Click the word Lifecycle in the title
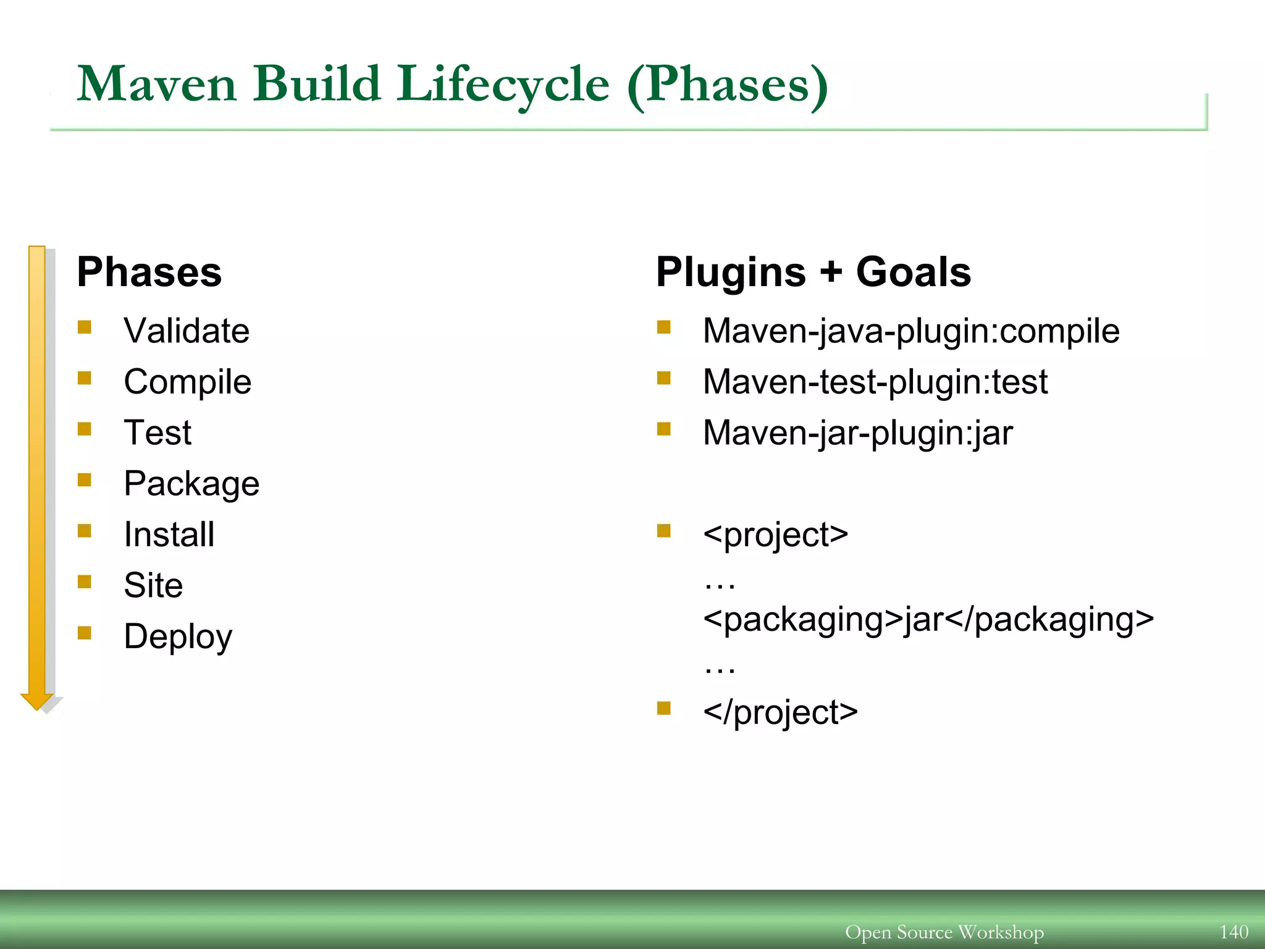pos(503,85)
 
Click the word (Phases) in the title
pos(727,85)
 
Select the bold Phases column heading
pos(149,272)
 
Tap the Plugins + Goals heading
pos(813,272)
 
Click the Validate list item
pos(187,331)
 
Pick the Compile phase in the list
pos(187,382)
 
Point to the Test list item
pos(158,432)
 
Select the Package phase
pos(191,484)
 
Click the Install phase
pos(169,534)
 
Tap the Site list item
pos(153,585)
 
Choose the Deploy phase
pos(178,636)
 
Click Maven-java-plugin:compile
pos(911,331)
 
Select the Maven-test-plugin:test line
pos(875,382)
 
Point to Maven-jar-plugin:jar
pos(857,432)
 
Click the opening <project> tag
pos(775,534)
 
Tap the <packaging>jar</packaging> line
pos(928,619)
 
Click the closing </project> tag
pos(780,712)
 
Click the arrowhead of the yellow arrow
pos(37,701)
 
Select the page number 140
pos(1233,931)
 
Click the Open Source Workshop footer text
pos(944,932)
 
